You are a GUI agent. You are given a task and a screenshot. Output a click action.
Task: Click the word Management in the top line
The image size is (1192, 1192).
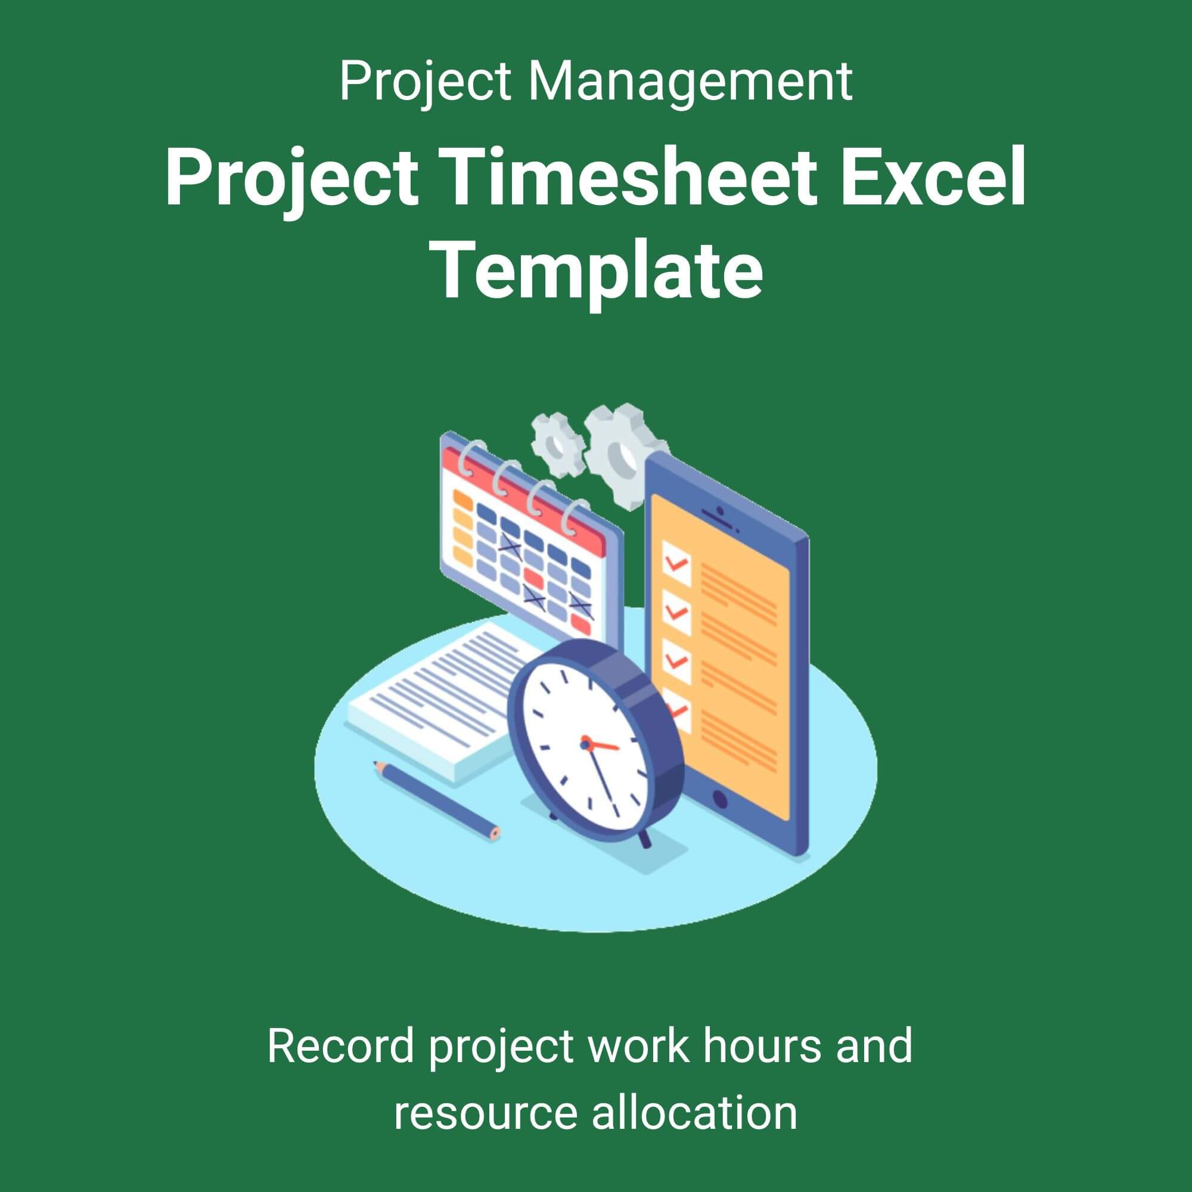[x=690, y=83]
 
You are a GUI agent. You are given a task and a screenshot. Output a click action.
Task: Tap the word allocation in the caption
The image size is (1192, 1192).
[x=694, y=1112]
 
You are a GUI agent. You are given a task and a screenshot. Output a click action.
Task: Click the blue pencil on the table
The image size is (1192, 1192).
[x=436, y=800]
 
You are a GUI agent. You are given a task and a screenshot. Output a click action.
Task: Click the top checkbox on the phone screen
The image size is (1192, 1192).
[x=677, y=561]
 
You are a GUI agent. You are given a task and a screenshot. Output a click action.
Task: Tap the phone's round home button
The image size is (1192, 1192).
[x=720, y=799]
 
